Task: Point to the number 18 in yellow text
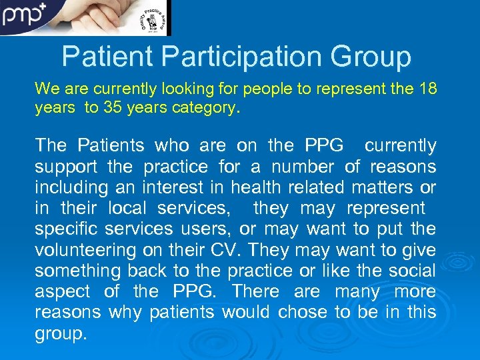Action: [x=427, y=89]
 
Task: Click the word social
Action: [x=413, y=271]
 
